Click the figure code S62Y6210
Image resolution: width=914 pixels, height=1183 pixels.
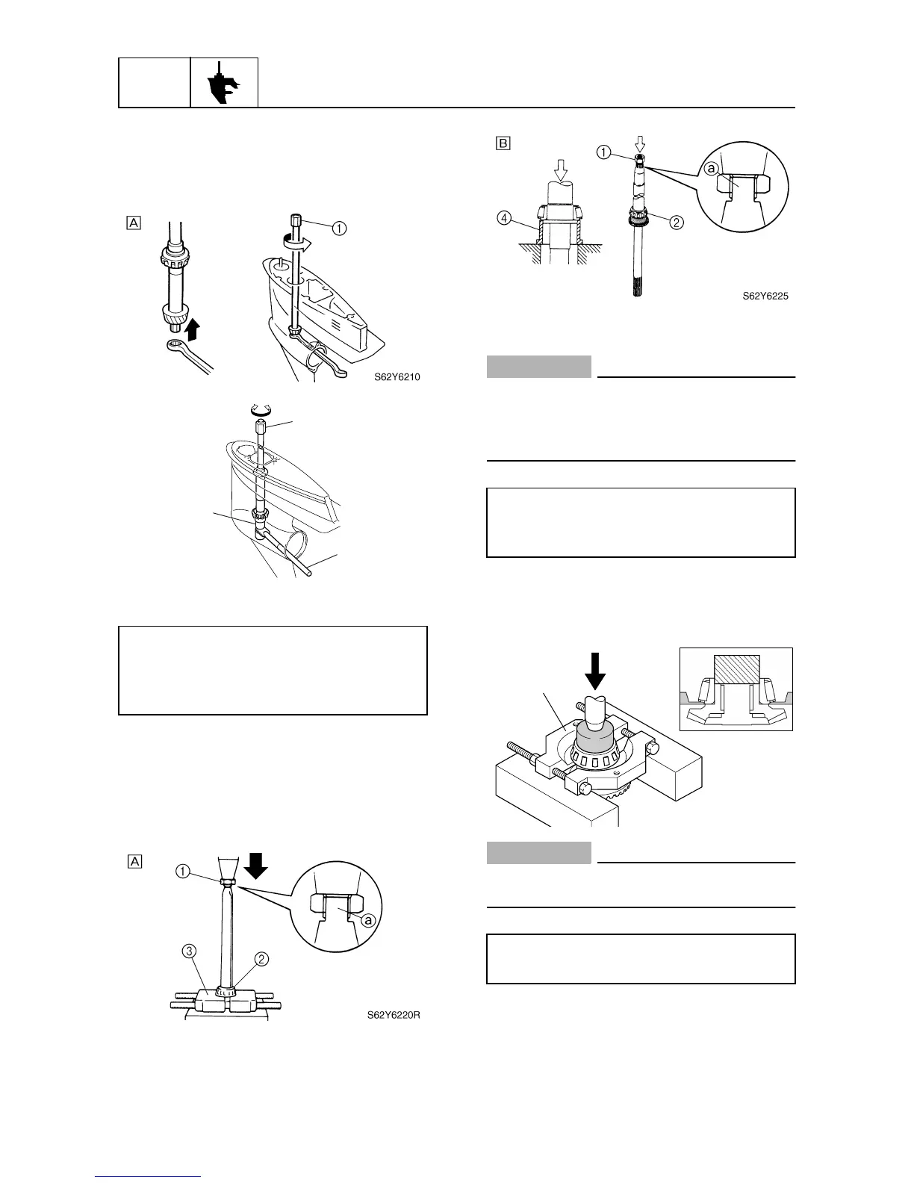tap(397, 377)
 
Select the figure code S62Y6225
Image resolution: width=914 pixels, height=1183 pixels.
tap(765, 296)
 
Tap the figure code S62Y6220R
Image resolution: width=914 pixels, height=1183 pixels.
tap(394, 1015)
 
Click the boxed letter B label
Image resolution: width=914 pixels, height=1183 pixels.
tap(503, 143)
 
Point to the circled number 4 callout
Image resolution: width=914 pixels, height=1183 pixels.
tap(504, 220)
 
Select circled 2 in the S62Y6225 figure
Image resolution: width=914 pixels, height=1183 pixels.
tap(677, 222)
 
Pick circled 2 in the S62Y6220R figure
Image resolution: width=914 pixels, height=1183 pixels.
tap(263, 959)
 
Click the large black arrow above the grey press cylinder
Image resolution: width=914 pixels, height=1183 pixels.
tap(595, 671)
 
